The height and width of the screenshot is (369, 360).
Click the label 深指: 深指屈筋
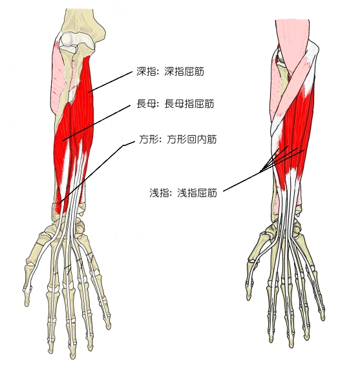coord(170,71)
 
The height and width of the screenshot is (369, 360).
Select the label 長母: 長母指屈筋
coord(175,103)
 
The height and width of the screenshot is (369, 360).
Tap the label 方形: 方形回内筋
coord(177,140)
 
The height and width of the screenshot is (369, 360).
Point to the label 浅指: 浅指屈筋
coord(183,193)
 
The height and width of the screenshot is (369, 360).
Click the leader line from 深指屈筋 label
coord(112,81)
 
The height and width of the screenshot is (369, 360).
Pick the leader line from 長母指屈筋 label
coord(96,123)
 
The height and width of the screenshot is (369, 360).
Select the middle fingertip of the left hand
coord(72,353)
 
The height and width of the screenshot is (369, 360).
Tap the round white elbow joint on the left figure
coord(69,39)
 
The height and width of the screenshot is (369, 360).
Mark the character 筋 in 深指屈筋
coord(199,71)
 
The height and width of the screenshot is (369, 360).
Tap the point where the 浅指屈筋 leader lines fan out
coord(260,171)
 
